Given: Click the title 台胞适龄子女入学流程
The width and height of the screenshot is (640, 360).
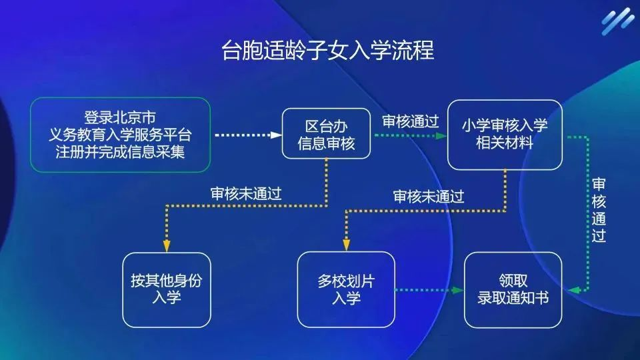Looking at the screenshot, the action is tap(328, 50).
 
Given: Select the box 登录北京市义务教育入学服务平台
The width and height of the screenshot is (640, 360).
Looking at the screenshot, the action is tap(121, 135).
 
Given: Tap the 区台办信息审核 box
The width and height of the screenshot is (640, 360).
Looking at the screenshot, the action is tap(326, 133).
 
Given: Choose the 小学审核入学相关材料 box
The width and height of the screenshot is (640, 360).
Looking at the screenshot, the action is tap(505, 135).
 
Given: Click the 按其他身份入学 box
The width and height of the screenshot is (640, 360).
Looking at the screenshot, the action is tap(167, 290).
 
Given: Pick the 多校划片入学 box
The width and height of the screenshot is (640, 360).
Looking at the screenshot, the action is tap(346, 289).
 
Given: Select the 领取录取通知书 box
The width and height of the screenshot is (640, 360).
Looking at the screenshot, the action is tap(513, 290).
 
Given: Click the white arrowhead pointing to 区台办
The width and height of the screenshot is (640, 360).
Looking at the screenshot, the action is tap(276, 135).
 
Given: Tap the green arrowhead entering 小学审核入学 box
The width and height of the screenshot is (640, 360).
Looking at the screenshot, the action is tap(441, 135).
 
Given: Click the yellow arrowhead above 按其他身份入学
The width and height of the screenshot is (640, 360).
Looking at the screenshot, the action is tap(167, 246).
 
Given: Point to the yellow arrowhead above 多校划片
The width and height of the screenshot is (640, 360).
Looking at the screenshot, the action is tap(346, 245).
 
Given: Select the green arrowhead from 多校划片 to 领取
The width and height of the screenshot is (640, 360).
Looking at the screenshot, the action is tap(458, 290).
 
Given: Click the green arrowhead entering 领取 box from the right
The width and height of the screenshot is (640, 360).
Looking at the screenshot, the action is tap(574, 290).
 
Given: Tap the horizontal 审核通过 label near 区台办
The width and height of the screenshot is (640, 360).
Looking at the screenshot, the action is tap(410, 121).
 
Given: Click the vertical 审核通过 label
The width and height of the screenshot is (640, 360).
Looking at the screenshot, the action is tap(599, 210).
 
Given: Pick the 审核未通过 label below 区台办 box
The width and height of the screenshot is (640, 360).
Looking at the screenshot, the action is tap(246, 193).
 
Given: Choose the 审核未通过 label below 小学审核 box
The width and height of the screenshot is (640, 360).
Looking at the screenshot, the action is tap(429, 197).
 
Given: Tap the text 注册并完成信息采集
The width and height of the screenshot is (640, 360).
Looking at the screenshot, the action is tap(121, 152).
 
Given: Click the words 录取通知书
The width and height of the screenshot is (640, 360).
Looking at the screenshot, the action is tap(513, 298).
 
